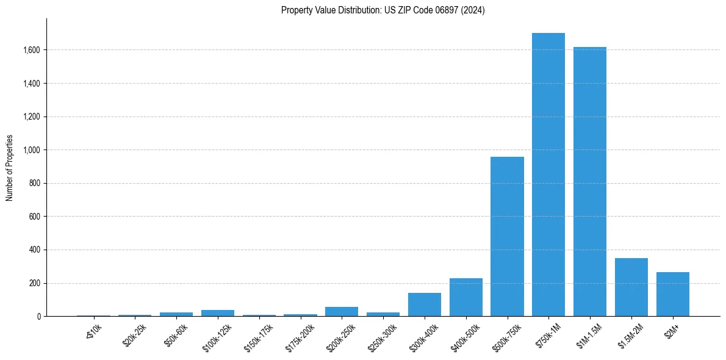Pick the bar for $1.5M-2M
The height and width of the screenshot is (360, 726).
pyautogui.click(x=631, y=287)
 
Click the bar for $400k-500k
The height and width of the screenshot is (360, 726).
pyautogui.click(x=465, y=297)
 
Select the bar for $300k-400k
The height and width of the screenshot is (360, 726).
pyautogui.click(x=424, y=304)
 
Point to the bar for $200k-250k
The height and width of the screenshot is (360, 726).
pyautogui.click(x=342, y=312)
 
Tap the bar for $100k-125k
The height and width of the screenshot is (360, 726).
pyautogui.click(x=218, y=313)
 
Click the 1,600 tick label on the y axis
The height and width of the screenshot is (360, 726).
pyautogui.click(x=32, y=50)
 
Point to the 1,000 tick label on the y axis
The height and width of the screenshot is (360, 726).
pyautogui.click(x=32, y=150)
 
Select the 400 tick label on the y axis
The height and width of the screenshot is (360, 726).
pyautogui.click(x=35, y=250)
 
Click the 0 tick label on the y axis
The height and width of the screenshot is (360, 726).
pyautogui.click(x=39, y=317)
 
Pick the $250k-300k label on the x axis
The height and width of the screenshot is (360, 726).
pyautogui.click(x=382, y=337)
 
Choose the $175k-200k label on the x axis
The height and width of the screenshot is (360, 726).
pyautogui.click(x=300, y=337)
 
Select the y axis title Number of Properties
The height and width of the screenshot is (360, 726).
pyautogui.click(x=10, y=168)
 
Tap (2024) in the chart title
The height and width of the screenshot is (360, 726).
pyautogui.click(x=473, y=10)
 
